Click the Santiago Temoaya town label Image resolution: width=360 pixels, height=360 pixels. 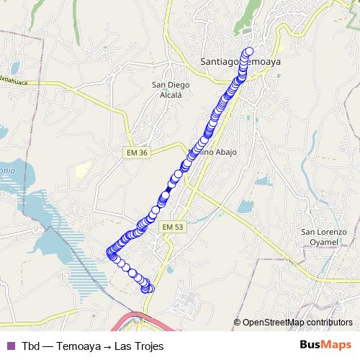coord(240,62)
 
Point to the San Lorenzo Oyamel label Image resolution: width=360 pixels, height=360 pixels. coord(324,237)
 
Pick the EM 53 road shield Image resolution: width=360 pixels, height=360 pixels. coord(174,227)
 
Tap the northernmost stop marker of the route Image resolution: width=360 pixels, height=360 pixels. coord(250,52)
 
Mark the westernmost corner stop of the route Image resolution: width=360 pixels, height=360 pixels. coord(111,253)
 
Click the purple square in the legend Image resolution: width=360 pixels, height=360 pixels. coord(10,345)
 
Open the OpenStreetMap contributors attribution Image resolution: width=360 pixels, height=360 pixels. coord(297,323)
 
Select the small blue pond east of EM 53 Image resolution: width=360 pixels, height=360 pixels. coord(245,207)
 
